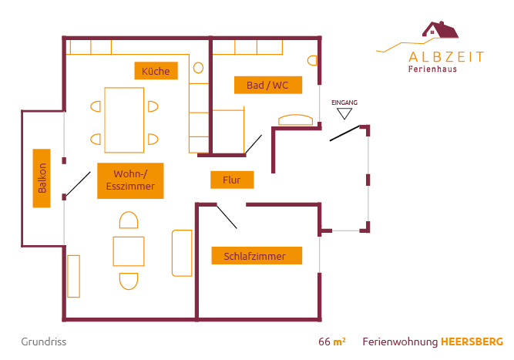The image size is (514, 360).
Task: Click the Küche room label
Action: point(156,71)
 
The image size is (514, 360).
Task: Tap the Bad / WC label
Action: point(267,85)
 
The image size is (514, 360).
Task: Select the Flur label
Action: point(232,180)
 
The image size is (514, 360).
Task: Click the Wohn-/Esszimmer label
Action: point(130,180)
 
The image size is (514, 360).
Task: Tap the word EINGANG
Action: point(344,103)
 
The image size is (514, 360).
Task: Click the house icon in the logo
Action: point(440,31)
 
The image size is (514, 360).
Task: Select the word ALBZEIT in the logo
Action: point(446,56)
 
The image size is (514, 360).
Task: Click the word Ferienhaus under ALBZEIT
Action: point(432,69)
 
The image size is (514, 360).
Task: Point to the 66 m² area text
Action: point(331,341)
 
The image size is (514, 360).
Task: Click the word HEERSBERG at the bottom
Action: point(472,341)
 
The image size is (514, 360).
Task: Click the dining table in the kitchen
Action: point(124,120)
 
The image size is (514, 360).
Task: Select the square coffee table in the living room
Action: point(129,251)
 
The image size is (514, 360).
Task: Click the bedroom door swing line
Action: point(227,216)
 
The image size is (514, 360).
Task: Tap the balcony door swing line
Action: point(78,184)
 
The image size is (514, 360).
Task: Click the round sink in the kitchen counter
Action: point(198,68)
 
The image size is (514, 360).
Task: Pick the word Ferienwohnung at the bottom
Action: point(399,341)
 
